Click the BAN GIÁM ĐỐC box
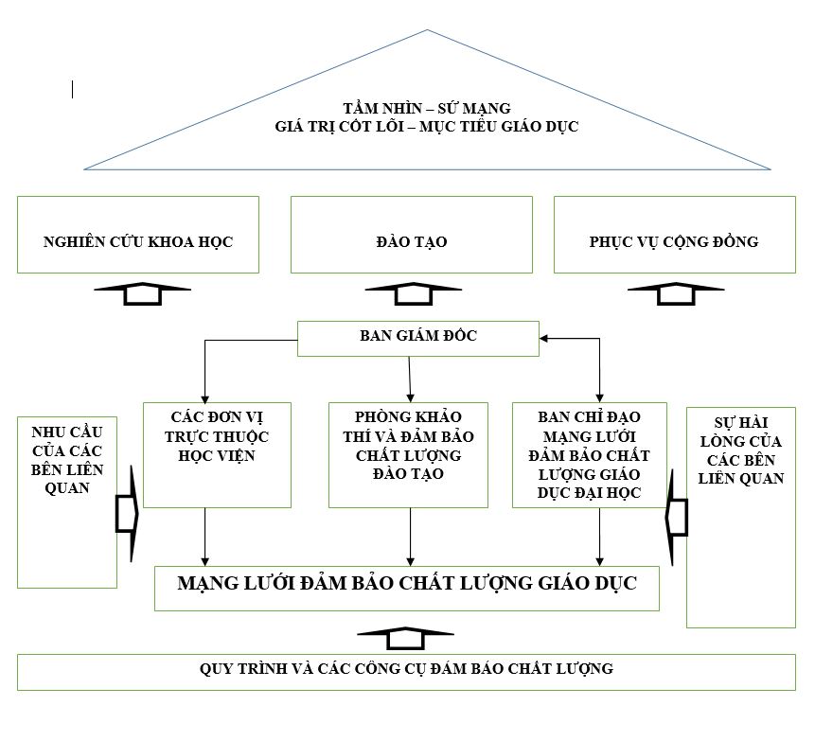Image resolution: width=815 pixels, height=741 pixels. click(418, 338)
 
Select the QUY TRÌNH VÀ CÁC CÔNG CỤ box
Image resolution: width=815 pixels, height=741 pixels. click(406, 671)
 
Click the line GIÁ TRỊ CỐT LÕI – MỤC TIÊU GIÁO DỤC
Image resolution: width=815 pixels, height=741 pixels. click(425, 126)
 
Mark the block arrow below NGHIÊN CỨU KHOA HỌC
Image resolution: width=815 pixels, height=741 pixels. click(143, 294)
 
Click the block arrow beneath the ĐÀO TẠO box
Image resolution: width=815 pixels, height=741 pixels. click(413, 294)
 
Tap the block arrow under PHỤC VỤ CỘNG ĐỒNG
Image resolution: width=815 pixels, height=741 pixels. click(676, 294)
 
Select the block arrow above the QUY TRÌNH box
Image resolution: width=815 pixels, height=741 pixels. click(408, 638)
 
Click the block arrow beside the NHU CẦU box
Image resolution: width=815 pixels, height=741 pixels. click(126, 512)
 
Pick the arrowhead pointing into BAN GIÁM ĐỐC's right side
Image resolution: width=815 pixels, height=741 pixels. click(544, 338)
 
